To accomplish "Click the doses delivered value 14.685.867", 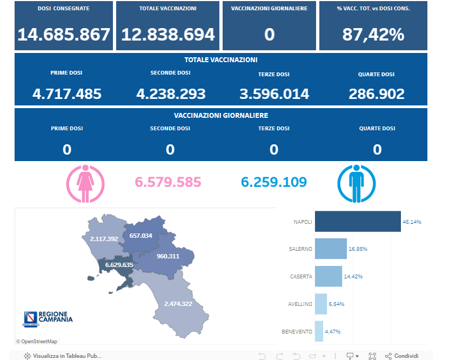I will coord(64,35).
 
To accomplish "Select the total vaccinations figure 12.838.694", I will coord(167,35).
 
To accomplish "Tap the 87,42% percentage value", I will coord(373,35).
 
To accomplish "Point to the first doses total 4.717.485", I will coord(67,94).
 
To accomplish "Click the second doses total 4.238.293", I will coord(171,94).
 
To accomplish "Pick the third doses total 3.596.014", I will coord(274,94).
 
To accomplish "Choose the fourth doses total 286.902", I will coord(377,94).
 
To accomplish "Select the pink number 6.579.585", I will coord(167,182).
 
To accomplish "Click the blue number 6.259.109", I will coord(274,182).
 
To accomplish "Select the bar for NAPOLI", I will coord(358,222).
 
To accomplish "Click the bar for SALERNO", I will coord(331,249).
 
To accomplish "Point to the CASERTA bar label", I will coord(301,276).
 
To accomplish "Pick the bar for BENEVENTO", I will coord(319,331).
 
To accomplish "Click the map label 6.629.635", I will coord(119,265).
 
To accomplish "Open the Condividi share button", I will coord(401,356).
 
